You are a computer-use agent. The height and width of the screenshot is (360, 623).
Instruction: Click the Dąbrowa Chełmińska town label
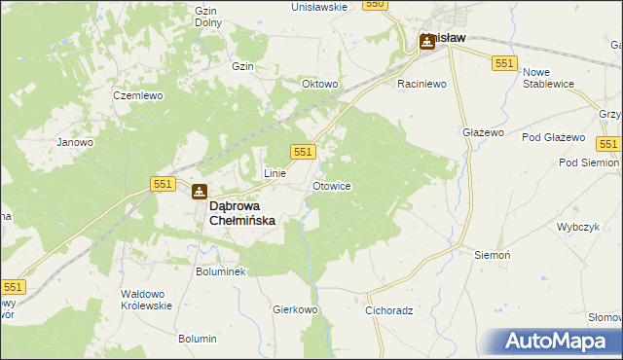[243, 213]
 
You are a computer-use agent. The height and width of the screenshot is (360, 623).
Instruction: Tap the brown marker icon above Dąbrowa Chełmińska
[199, 193]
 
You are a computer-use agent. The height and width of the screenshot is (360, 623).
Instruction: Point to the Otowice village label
[332, 185]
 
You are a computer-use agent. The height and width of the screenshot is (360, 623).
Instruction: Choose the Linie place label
[275, 173]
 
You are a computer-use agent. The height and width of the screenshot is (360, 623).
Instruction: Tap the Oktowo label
[320, 84]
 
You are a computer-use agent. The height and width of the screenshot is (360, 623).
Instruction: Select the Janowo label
[75, 142]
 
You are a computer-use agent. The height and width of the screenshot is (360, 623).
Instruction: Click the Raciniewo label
[421, 85]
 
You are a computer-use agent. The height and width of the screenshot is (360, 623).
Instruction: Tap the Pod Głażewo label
[553, 137]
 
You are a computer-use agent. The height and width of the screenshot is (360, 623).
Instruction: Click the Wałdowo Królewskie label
[145, 299]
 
